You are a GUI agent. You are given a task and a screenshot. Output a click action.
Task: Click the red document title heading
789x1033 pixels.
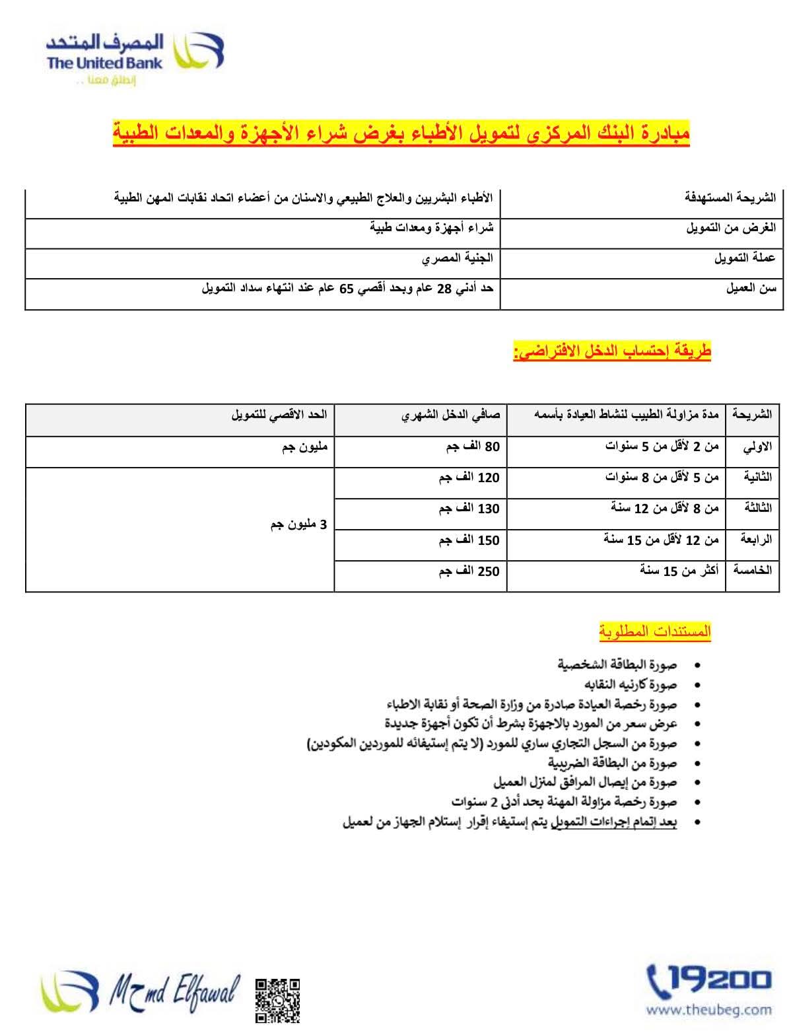tap(401, 135)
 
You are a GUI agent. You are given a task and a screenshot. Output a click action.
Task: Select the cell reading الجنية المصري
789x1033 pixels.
tap(458, 259)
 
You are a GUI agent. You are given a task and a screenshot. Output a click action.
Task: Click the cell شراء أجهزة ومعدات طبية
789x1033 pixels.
tap(431, 228)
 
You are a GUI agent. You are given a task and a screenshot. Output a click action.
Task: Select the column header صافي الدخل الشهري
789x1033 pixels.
tap(451, 415)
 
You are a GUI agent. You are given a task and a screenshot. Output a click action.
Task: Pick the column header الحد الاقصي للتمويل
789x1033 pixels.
tap(279, 415)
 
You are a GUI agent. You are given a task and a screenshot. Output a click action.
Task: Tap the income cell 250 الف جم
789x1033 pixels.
tap(469, 571)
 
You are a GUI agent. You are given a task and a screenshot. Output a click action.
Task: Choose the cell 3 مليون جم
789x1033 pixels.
tap(298, 525)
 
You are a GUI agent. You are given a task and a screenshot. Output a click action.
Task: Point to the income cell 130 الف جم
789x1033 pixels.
tap(469, 509)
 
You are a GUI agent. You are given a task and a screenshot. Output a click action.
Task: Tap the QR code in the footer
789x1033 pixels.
tap(277, 999)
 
